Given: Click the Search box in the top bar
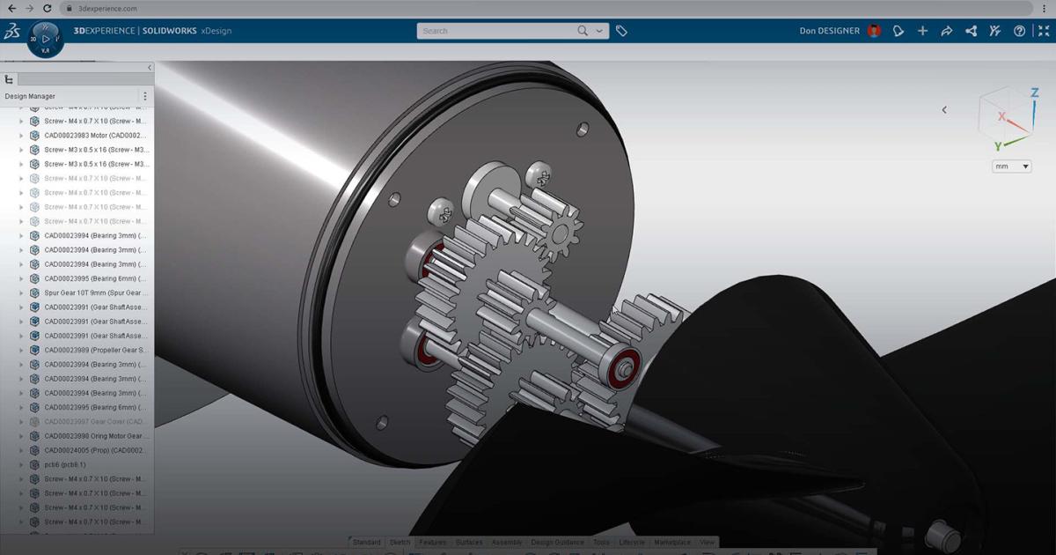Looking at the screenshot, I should (497, 31).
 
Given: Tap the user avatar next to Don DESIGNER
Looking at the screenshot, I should (874, 31).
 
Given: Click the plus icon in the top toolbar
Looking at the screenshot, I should (922, 31).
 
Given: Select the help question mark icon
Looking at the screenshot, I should (1019, 31).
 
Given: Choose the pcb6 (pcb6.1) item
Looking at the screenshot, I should (65, 464).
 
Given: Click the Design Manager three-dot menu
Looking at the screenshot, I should (145, 96).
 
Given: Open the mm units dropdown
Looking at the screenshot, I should (1011, 166).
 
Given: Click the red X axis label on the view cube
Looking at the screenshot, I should (1001, 116).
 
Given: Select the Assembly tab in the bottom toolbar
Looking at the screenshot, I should (507, 543).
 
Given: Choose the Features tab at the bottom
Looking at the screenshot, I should (433, 543).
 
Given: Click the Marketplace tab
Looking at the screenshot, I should (672, 543).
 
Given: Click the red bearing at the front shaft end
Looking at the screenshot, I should (627, 363).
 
